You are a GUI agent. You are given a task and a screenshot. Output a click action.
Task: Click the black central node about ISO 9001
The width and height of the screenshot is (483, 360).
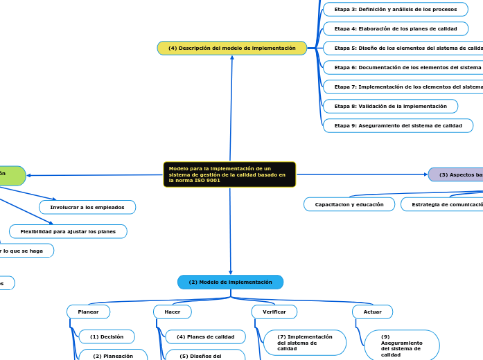229,174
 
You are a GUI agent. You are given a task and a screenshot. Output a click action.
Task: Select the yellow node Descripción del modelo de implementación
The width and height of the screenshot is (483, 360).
232,48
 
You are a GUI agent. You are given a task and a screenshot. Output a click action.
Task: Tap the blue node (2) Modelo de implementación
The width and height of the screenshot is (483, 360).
230,282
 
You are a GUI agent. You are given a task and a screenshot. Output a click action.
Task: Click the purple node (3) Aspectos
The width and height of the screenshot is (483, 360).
456,174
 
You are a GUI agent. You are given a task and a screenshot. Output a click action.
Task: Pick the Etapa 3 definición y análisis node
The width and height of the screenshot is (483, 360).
395,9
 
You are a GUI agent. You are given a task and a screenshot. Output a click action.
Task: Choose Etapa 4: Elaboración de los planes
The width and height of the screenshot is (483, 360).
395,28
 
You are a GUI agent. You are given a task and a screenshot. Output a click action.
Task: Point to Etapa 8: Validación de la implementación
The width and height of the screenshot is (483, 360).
390,106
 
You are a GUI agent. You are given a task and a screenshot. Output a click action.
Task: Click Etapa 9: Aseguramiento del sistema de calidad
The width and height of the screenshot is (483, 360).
398,125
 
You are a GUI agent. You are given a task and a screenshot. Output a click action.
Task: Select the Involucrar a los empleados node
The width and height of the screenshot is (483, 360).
87,207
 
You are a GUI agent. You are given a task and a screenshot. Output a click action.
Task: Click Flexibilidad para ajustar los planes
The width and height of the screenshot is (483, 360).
68,231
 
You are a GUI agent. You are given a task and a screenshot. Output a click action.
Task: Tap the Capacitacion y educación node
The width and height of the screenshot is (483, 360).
349,204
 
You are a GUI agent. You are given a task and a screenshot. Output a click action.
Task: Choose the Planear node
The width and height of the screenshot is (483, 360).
88,312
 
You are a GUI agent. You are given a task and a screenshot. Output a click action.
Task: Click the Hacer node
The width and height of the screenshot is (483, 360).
172,312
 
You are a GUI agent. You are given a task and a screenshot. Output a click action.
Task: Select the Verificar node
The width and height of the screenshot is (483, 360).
274,312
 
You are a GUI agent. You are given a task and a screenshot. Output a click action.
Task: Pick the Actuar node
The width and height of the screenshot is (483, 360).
372,312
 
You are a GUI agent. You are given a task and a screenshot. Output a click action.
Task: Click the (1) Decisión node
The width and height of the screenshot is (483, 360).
107,336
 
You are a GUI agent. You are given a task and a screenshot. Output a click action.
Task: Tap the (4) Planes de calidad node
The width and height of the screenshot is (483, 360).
205,336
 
